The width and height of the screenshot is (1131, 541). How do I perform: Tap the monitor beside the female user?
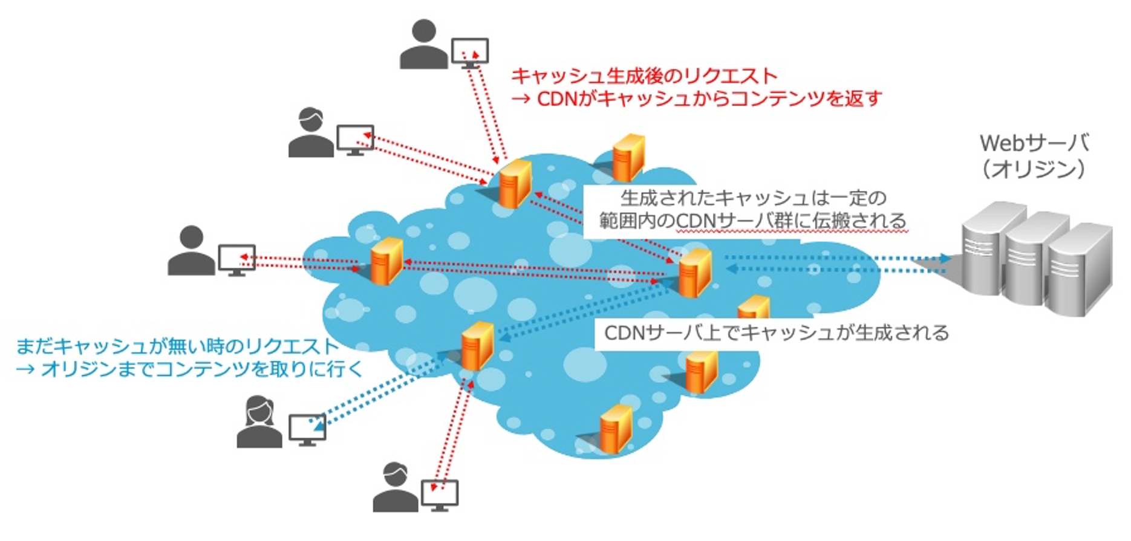coord(307,429)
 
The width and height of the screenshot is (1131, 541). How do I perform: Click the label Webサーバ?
coord(1034,143)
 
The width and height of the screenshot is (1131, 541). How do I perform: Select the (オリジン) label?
coord(1034,169)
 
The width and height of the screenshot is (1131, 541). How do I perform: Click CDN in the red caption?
coord(557,99)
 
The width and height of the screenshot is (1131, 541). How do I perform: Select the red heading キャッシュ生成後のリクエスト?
coord(644,76)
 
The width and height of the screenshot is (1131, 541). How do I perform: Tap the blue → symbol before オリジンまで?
coord(25,369)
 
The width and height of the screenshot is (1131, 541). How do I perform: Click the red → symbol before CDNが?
coord(521,99)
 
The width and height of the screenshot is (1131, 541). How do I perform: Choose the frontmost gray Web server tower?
coord(1080,269)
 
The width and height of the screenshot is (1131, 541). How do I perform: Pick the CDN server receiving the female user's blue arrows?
coord(477,346)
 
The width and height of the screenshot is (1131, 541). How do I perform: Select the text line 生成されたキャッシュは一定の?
coord(753,198)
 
